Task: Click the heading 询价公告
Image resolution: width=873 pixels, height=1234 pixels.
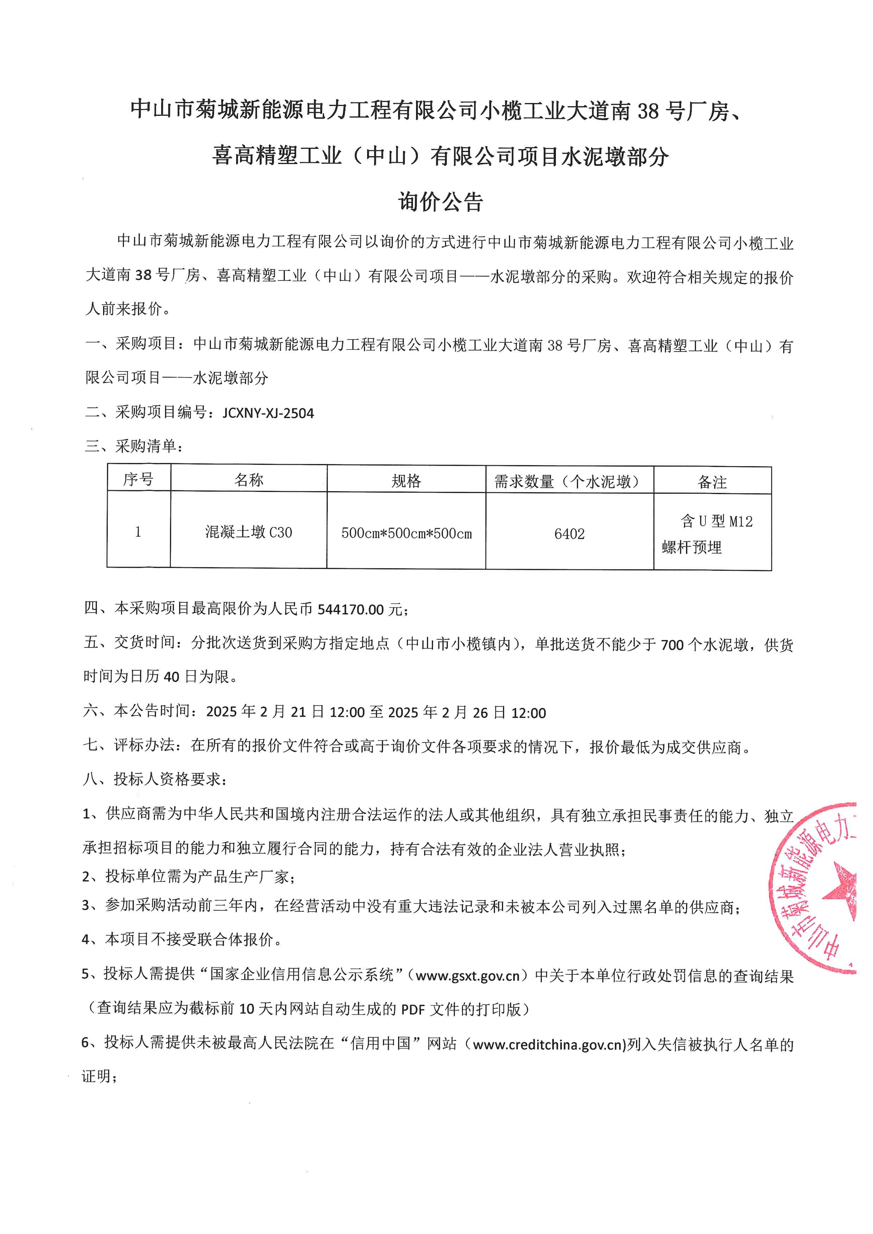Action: [x=440, y=202]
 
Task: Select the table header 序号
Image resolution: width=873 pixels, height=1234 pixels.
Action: [x=138, y=479]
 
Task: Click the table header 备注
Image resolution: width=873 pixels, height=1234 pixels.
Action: [x=712, y=482]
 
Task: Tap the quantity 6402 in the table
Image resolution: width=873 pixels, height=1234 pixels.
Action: [x=569, y=534]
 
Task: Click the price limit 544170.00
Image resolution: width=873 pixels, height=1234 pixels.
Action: [x=351, y=609]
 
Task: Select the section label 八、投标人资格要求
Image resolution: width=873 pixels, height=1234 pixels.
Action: [x=155, y=779]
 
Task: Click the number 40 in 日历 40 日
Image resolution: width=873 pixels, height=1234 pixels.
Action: [x=171, y=677]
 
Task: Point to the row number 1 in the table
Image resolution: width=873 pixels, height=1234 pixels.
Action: [x=138, y=532]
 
